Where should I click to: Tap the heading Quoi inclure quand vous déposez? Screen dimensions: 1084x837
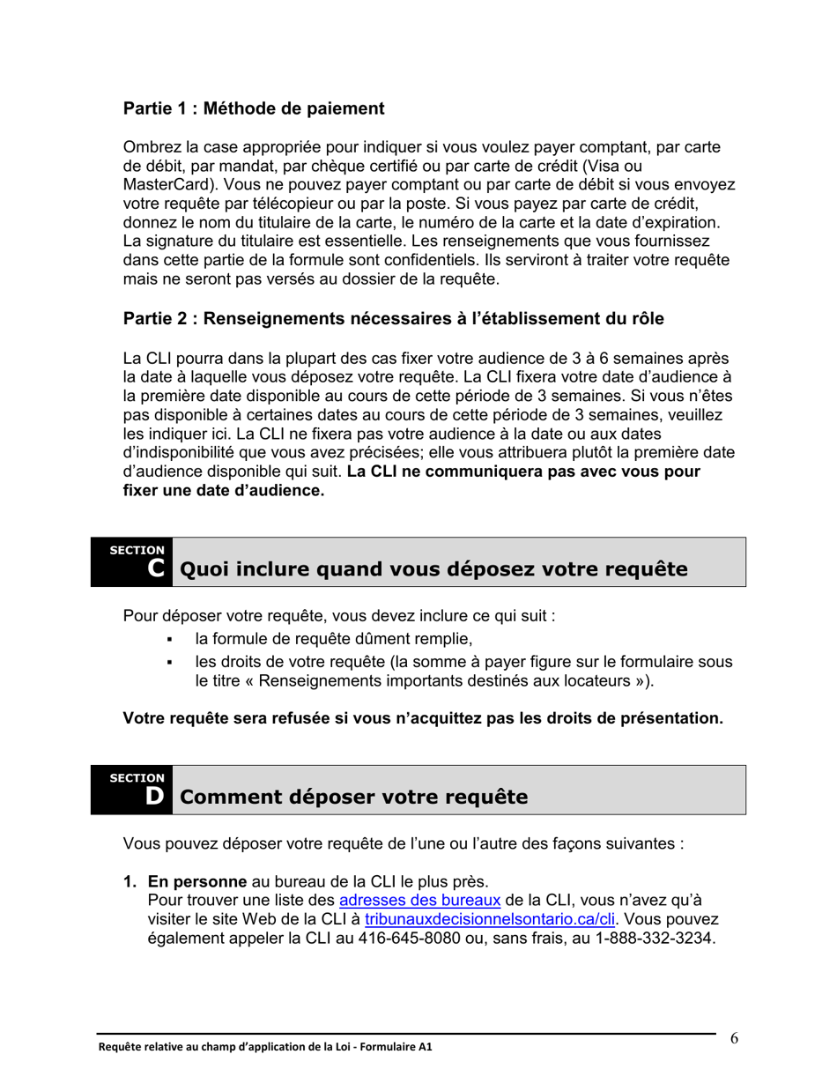(433, 570)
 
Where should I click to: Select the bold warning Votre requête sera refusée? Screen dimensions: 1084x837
(423, 718)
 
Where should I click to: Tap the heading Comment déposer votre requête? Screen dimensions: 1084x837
(353, 798)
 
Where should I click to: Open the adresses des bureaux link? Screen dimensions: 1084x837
(419, 900)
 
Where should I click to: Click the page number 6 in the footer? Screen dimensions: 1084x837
(734, 1037)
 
